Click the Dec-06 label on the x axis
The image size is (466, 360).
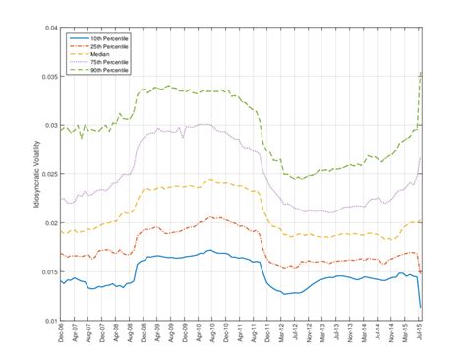pyautogui.click(x=62, y=336)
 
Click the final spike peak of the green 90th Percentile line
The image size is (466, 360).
pyautogui.click(x=421, y=72)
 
